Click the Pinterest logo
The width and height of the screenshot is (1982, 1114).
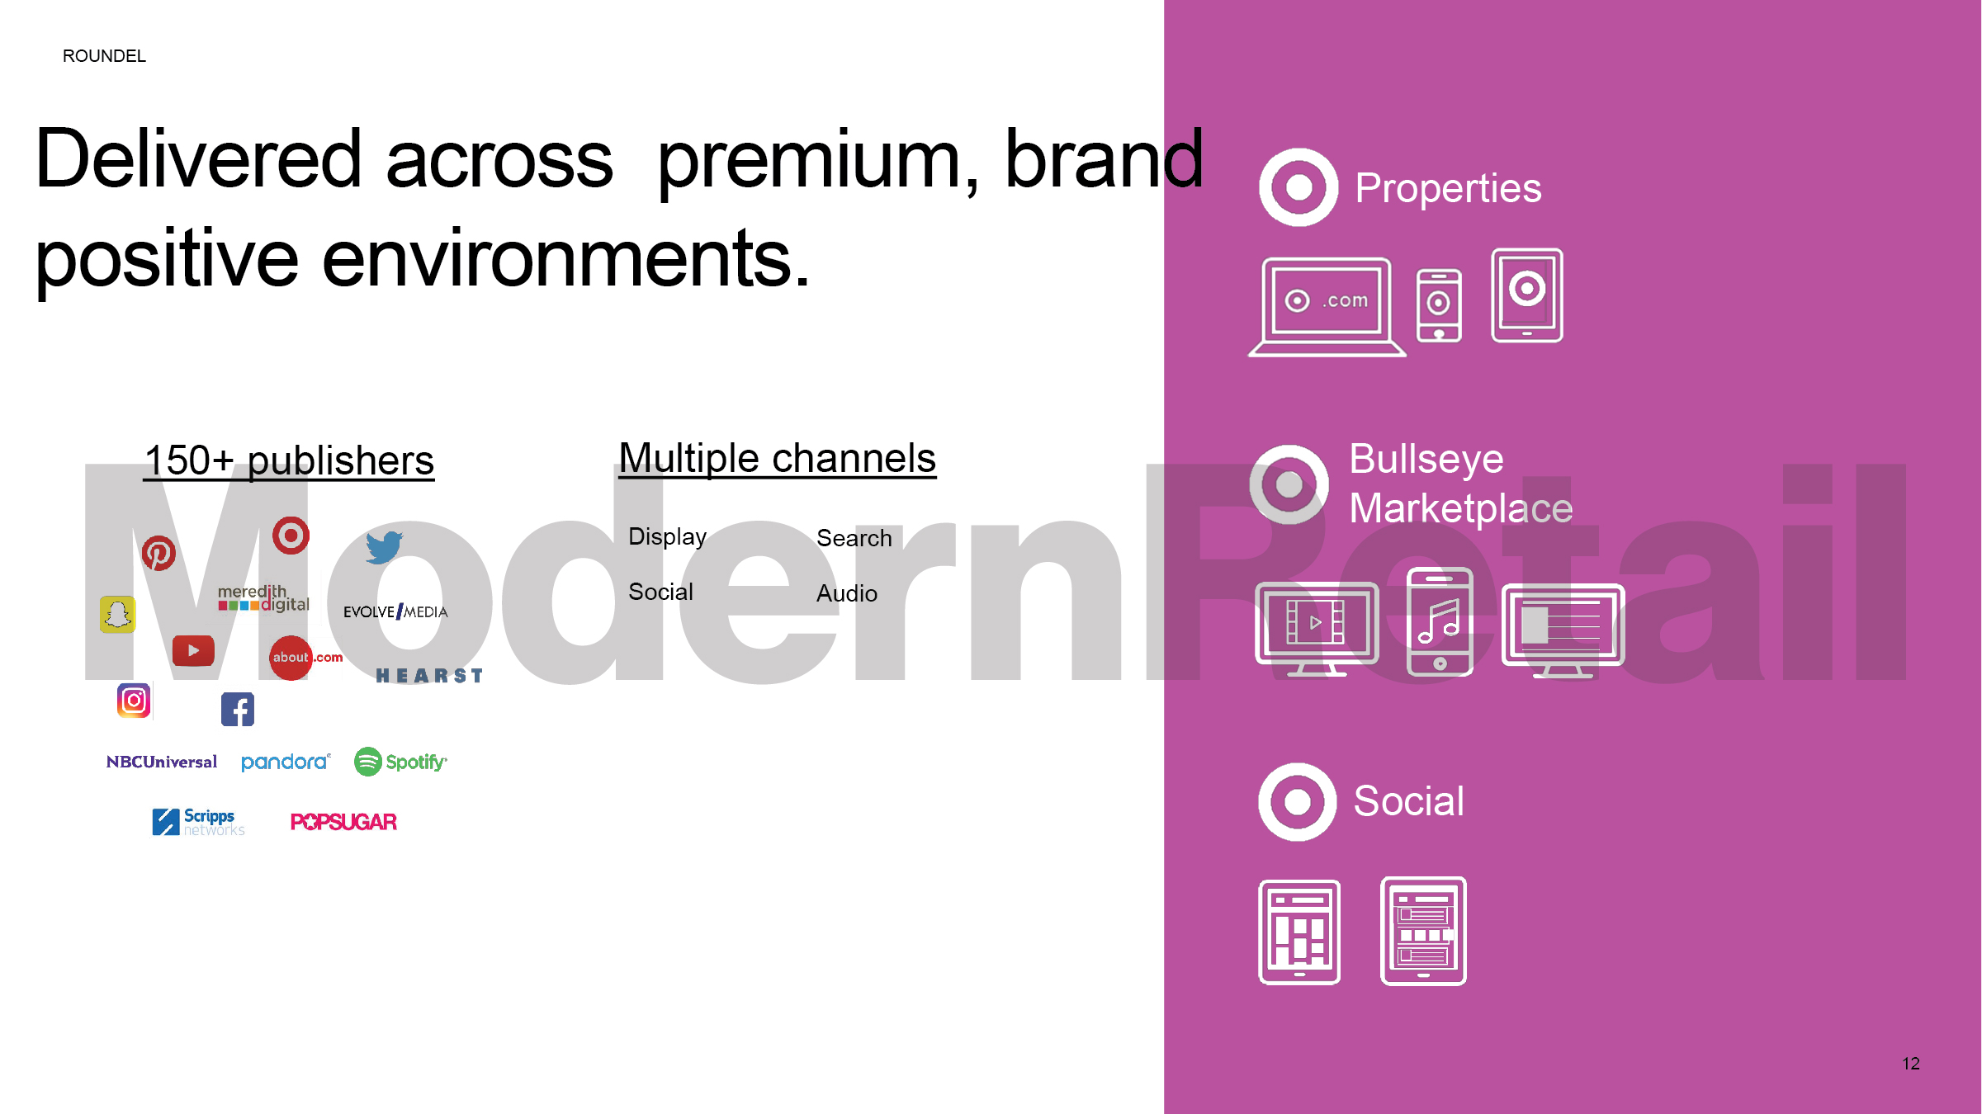coord(158,553)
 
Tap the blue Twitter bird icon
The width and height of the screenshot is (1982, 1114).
coord(385,547)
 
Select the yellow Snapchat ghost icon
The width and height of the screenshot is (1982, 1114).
coord(117,615)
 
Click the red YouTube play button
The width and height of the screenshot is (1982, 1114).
coord(193,650)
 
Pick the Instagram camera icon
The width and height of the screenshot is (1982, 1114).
coord(134,701)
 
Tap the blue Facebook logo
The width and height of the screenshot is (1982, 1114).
coord(238,710)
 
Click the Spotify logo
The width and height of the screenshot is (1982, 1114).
coord(400,762)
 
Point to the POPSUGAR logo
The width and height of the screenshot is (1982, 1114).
coord(343,822)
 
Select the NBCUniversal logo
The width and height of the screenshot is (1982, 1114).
coord(162,762)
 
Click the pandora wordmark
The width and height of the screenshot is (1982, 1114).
coord(286,762)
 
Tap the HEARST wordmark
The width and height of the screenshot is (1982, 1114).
coord(429,676)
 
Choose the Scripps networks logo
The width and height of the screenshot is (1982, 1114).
coord(199,822)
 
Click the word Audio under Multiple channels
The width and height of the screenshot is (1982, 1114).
coord(847,593)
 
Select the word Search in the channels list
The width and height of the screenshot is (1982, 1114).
coord(854,538)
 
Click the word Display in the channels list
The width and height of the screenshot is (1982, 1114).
coord(668,537)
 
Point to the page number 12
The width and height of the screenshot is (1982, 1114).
coord(1911,1064)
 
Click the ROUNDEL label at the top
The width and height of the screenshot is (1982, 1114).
coord(104,56)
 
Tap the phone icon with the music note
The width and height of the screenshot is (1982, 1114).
coord(1440,621)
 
